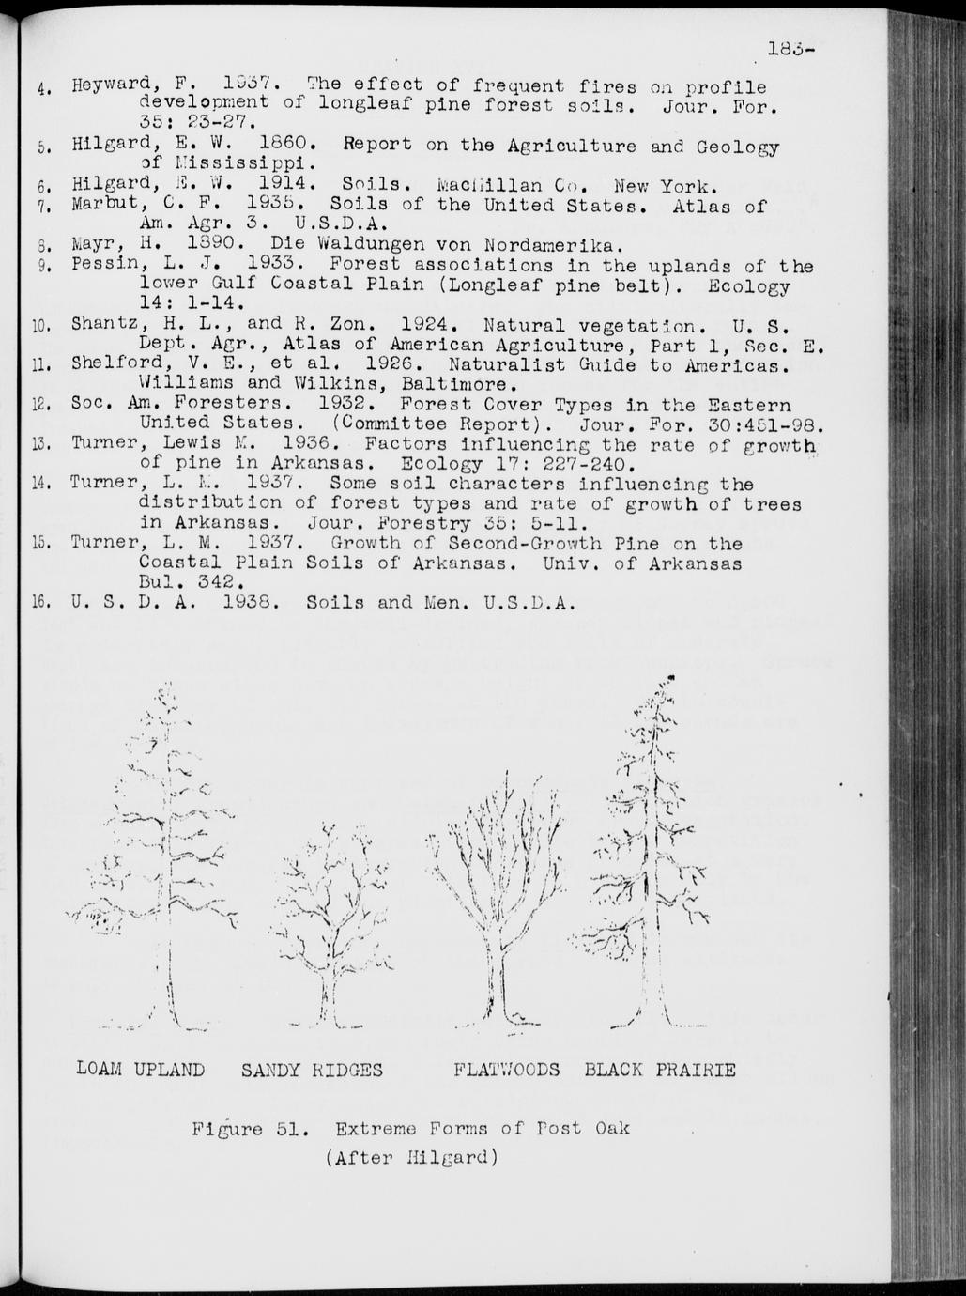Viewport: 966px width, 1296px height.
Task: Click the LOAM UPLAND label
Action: point(140,1069)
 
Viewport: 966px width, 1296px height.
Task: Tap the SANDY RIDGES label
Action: point(312,1070)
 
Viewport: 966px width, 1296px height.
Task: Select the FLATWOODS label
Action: point(506,1070)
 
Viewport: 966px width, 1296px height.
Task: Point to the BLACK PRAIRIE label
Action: point(659,1070)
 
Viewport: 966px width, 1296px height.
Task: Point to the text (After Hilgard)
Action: point(410,1157)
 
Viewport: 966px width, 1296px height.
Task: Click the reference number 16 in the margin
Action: point(39,603)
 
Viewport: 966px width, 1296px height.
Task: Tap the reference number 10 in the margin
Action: point(39,327)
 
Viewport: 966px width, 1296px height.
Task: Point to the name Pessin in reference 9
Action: point(105,267)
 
